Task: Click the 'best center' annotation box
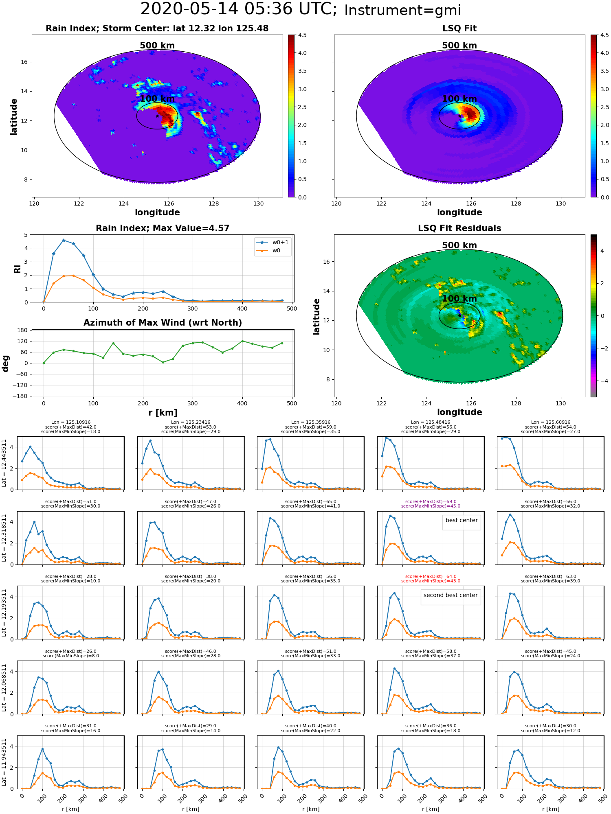(x=462, y=521)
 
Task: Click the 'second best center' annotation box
(x=451, y=595)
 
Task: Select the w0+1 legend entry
(x=273, y=242)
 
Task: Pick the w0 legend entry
(x=268, y=251)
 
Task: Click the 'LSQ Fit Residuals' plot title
(x=459, y=228)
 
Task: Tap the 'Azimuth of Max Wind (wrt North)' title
(x=163, y=323)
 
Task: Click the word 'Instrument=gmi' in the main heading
(x=402, y=11)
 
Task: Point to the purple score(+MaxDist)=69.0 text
(x=431, y=502)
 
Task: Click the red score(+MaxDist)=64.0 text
(x=431, y=577)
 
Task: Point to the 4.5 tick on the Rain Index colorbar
(x=302, y=35)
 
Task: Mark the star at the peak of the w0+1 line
(x=64, y=241)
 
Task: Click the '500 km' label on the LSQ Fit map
(x=459, y=46)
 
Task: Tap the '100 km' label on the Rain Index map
(x=157, y=99)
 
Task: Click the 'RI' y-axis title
(x=18, y=269)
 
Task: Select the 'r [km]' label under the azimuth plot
(x=163, y=413)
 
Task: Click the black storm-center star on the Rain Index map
(x=157, y=116)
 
